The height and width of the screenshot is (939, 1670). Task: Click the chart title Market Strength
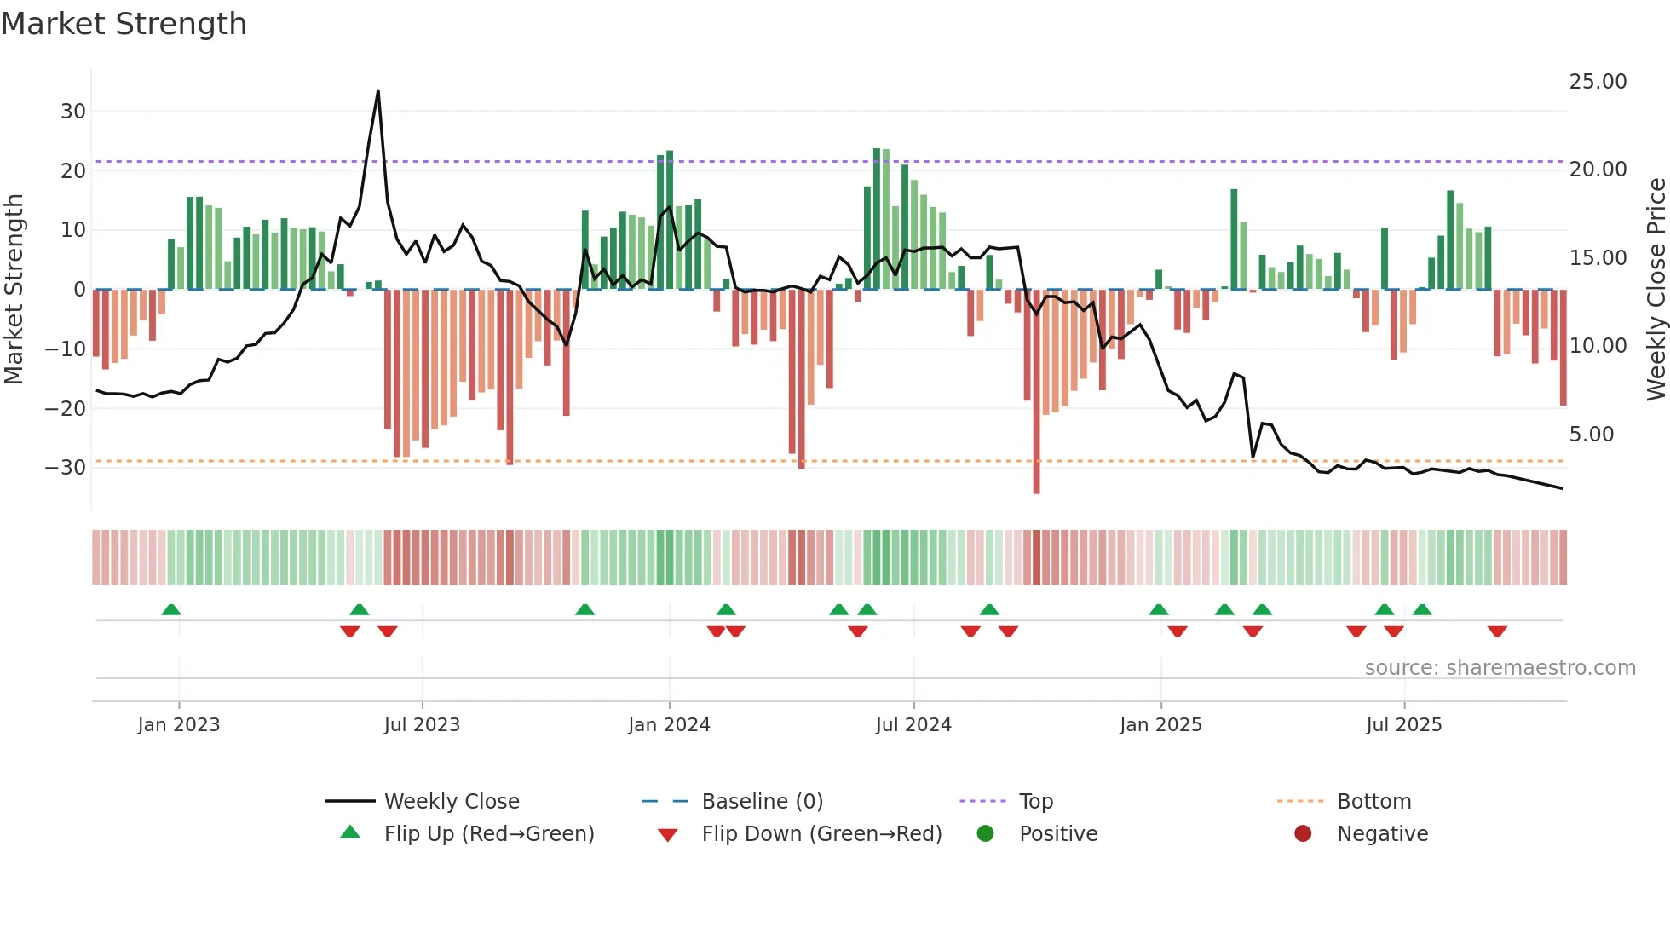124,24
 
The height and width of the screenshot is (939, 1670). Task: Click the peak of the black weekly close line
377,92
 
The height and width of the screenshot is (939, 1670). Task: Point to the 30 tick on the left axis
73,112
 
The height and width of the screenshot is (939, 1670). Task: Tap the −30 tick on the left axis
66,468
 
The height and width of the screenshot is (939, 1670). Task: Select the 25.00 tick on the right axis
1598,82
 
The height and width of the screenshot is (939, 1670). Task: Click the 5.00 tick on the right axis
1592,435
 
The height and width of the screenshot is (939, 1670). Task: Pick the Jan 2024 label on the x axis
669,725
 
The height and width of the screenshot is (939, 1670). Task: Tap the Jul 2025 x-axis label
1403,725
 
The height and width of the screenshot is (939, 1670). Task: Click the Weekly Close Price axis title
1656,290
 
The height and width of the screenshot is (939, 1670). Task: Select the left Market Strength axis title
14,290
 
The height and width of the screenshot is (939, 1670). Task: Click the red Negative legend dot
1303,834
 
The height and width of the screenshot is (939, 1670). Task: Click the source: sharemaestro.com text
1500,668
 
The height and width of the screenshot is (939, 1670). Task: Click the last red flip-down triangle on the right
1497,631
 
